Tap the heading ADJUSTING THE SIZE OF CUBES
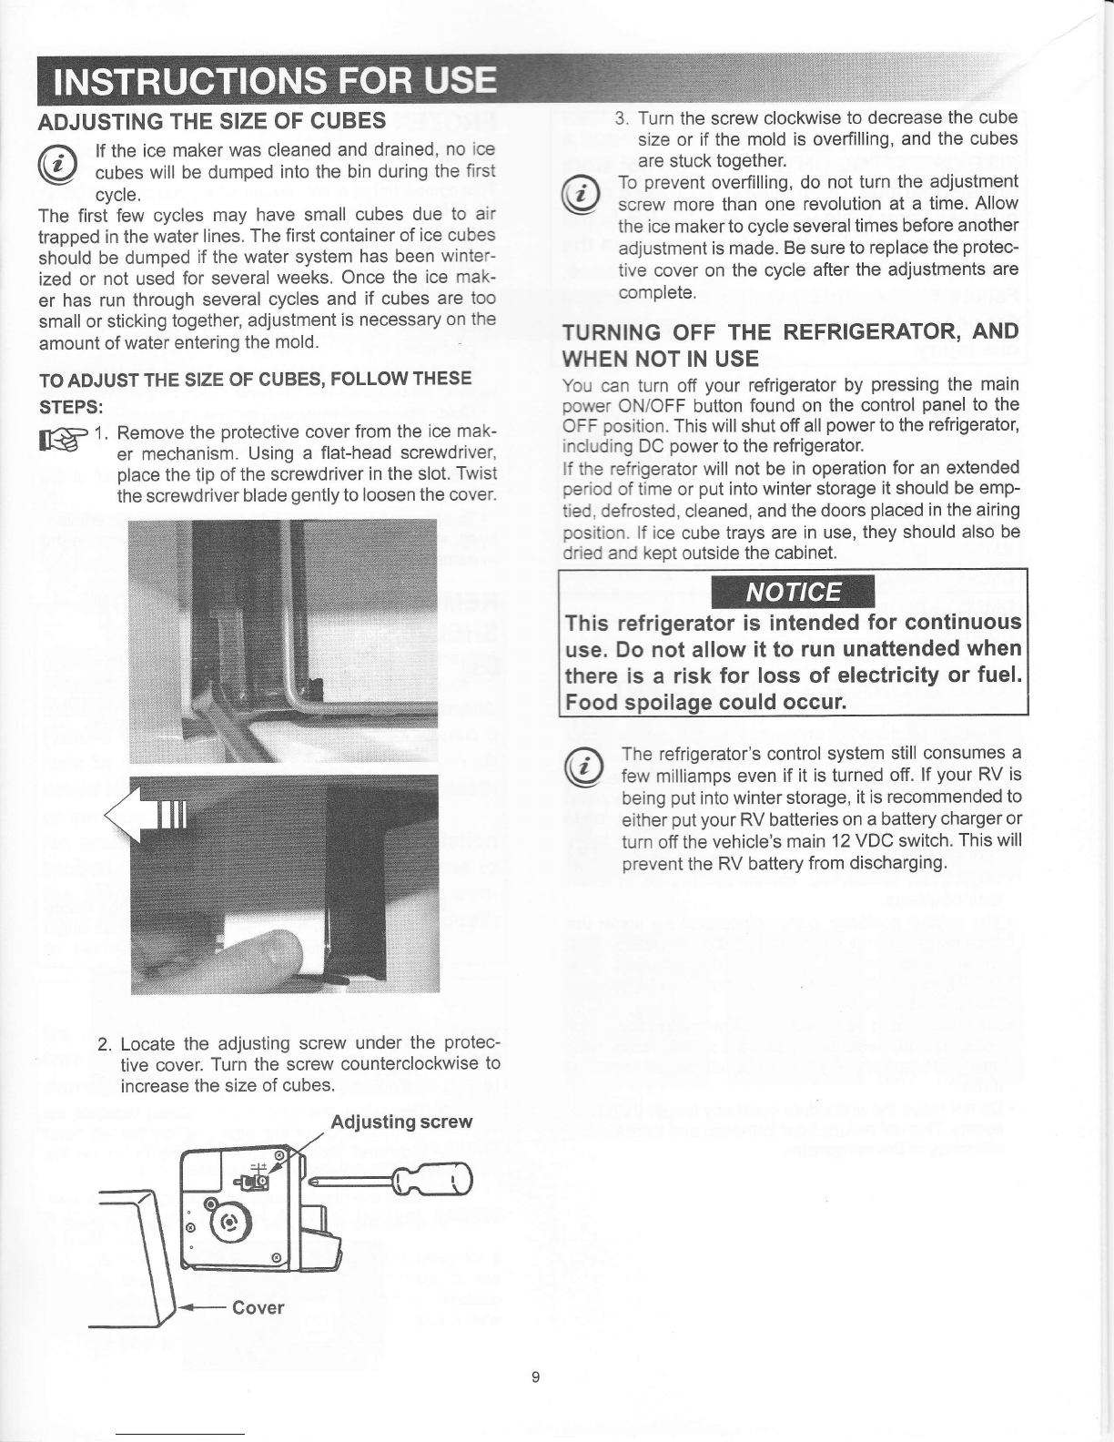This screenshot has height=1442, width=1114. click(x=211, y=120)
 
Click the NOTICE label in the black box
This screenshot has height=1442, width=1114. click(x=794, y=593)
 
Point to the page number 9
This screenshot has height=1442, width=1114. click(x=536, y=1377)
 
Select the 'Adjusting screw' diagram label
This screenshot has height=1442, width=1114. click(x=401, y=1121)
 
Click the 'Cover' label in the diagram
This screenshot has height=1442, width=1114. click(x=258, y=1307)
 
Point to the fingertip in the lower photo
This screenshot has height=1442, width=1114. click(x=273, y=956)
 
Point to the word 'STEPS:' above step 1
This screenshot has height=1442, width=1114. click(x=71, y=403)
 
